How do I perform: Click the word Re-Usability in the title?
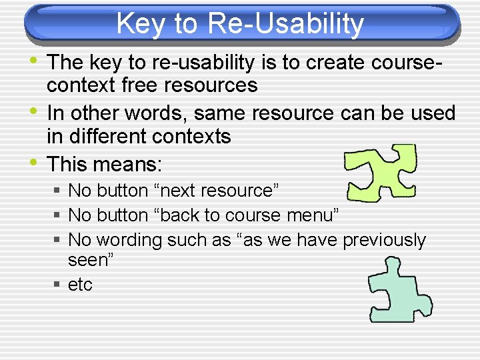[x=286, y=24]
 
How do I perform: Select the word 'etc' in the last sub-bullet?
[x=80, y=285]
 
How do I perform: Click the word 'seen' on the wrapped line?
[x=89, y=261]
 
